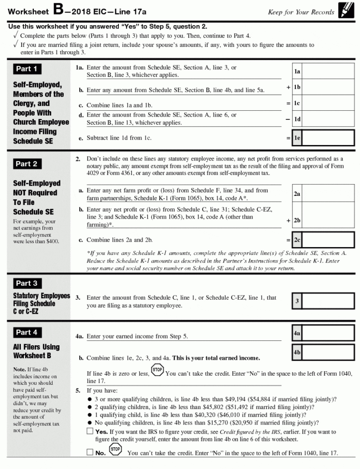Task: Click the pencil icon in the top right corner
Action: pyautogui.click(x=346, y=10)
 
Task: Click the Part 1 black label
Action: pyautogui.click(x=27, y=69)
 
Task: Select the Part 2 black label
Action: pyautogui.click(x=27, y=164)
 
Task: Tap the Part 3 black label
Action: pyautogui.click(x=27, y=283)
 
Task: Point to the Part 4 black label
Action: pyautogui.click(x=27, y=332)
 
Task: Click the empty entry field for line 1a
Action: pyautogui.click(x=328, y=72)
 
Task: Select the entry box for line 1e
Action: pyautogui.click(x=328, y=138)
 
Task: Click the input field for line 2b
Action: pyautogui.click(x=328, y=220)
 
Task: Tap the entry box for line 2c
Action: pyautogui.click(x=328, y=240)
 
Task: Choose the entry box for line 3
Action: pyautogui.click(x=328, y=301)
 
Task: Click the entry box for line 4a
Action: pyautogui.click(x=328, y=333)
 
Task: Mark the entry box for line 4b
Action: pyautogui.click(x=328, y=352)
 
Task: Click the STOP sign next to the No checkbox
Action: pyautogui.click(x=115, y=450)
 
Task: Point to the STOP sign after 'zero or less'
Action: pyautogui.click(x=158, y=371)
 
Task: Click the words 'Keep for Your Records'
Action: pyautogui.click(x=301, y=12)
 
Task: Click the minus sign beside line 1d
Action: pyautogui.click(x=288, y=119)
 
